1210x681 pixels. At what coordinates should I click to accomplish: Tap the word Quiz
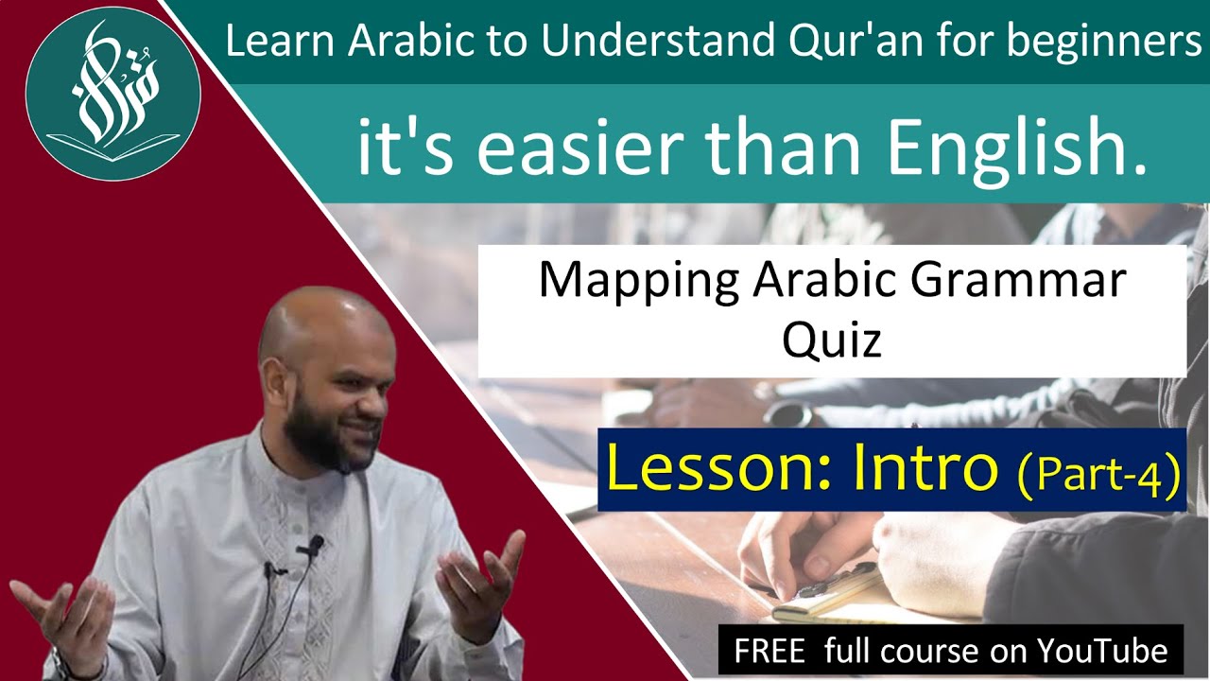click(831, 338)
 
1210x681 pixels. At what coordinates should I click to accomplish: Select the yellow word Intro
click(925, 469)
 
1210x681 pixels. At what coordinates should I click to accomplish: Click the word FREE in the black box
click(769, 651)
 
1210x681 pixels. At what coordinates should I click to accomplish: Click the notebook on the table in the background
click(832, 596)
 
